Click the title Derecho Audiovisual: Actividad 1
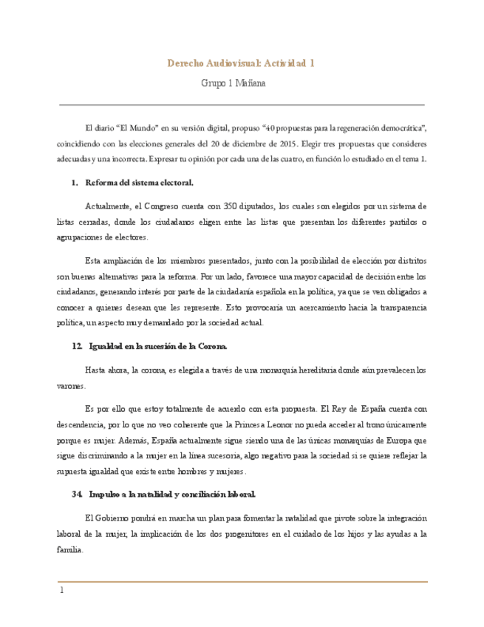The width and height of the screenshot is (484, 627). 242,64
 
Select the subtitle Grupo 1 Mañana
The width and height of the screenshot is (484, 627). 234,84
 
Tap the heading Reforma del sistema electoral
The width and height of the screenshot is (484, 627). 140,182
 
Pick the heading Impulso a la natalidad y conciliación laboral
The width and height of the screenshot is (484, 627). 172,494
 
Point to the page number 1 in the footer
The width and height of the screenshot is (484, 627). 62,591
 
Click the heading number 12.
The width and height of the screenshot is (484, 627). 78,346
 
